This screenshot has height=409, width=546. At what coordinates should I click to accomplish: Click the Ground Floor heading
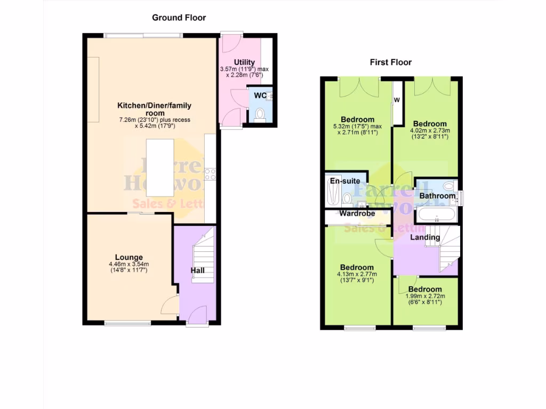point(179,18)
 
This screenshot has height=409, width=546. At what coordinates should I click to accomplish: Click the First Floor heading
point(391,62)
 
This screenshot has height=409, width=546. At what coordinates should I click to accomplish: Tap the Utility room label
point(244,62)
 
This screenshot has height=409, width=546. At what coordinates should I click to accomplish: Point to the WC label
point(260,96)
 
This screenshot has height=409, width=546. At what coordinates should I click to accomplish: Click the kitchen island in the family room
point(160,167)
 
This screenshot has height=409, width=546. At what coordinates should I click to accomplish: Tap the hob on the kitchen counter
point(210,174)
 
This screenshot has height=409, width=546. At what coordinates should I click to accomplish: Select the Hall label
point(198,271)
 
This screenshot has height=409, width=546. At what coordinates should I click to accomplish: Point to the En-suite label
point(344,181)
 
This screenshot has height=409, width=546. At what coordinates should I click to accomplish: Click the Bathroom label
point(437,196)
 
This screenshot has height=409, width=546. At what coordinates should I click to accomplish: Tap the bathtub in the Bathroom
point(437,215)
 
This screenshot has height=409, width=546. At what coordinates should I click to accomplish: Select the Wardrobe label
point(357,214)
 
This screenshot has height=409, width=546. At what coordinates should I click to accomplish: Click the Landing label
point(425,237)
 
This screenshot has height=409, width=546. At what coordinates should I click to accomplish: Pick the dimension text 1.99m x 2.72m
point(425,296)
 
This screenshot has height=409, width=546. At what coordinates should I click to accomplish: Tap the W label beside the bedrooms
point(397,100)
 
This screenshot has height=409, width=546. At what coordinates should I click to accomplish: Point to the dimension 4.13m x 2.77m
point(357,274)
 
